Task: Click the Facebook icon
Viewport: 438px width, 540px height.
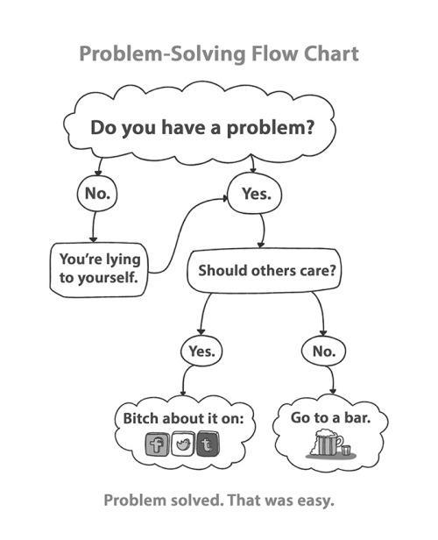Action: tap(157, 444)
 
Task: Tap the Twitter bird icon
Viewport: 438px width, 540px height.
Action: tap(183, 444)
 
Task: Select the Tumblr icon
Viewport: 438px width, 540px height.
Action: tap(208, 444)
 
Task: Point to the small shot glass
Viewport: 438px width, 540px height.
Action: tap(346, 451)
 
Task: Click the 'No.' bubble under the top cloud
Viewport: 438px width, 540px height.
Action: tap(97, 193)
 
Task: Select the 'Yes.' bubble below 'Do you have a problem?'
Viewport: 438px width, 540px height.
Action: tap(255, 193)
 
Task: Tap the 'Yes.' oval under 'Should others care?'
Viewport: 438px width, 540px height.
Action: tap(201, 352)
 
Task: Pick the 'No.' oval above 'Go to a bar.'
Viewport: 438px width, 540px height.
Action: tap(324, 352)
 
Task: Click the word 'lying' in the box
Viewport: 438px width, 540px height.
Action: tap(123, 259)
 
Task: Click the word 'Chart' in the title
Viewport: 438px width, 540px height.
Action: tap(330, 54)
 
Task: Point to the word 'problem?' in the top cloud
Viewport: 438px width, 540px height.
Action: tap(271, 128)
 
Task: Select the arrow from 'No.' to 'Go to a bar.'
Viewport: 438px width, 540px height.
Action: tap(332, 380)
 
